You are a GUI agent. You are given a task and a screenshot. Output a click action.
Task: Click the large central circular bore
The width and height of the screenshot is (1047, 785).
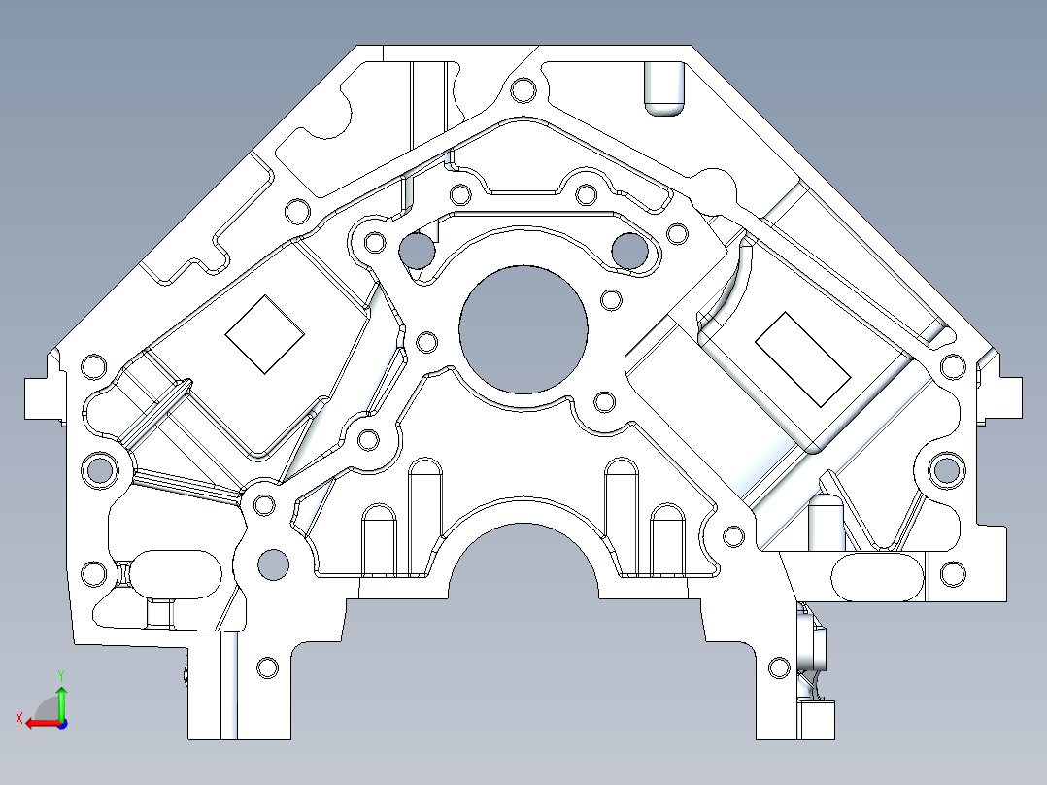(523, 329)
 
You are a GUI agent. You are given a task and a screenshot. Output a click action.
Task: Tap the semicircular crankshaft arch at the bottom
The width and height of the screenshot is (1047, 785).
(523, 563)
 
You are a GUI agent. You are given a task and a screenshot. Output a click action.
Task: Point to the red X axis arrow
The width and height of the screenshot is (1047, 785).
(39, 722)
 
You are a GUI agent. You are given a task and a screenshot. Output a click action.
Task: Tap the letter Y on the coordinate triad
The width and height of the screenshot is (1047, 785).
(60, 673)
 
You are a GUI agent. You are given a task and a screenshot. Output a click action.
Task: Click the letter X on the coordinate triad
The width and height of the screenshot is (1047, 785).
(18, 718)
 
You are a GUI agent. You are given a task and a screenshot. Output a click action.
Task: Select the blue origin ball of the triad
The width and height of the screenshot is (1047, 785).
(61, 723)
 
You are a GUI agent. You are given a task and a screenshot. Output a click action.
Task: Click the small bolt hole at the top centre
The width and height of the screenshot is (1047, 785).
(522, 90)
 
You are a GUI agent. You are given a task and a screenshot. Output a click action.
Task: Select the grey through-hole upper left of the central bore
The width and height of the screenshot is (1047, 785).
(418, 251)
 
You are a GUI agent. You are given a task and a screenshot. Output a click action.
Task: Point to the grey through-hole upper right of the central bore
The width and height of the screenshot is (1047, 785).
(628, 251)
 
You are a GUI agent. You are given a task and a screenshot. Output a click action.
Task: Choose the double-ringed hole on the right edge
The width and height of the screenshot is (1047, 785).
(946, 470)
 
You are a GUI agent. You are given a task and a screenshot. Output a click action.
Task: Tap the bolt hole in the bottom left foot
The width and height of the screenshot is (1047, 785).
(267, 667)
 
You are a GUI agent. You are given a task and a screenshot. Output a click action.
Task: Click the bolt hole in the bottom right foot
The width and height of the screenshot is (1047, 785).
(778, 667)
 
